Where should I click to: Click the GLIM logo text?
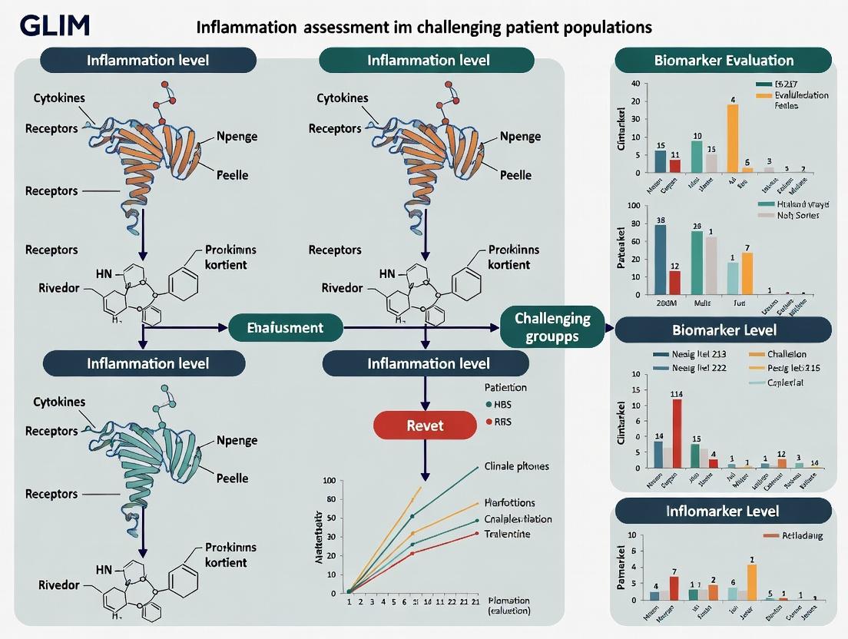coord(55,25)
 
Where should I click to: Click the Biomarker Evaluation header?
coord(723,60)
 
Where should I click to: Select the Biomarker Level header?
coord(723,330)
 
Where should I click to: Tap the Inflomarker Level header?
coord(723,511)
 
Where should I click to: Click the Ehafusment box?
coord(285,328)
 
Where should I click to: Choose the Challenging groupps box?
coord(552,327)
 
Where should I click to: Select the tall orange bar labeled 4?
coord(733,138)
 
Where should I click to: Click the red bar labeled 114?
coord(677,433)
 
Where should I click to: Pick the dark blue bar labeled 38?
coord(661,260)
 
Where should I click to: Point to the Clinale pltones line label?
coord(517,466)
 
